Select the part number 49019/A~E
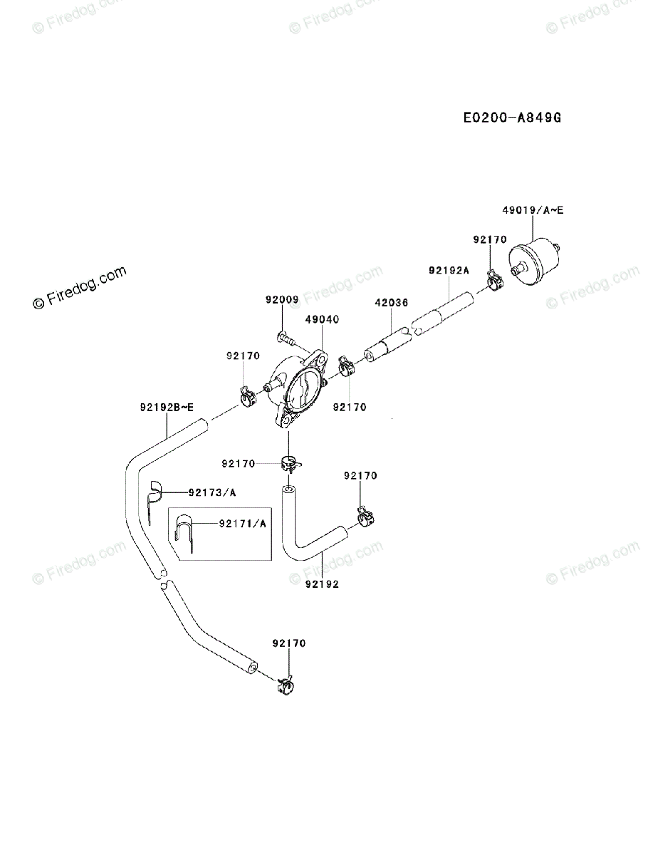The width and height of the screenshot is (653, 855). tap(533, 210)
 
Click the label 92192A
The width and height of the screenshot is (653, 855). tap(449, 270)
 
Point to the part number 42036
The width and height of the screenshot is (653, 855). tap(391, 303)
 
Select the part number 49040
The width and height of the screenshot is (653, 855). tap(321, 320)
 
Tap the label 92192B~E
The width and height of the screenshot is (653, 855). tap(167, 408)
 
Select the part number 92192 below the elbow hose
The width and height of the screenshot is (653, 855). tap(322, 584)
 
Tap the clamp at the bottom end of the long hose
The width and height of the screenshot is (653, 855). tap(285, 687)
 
